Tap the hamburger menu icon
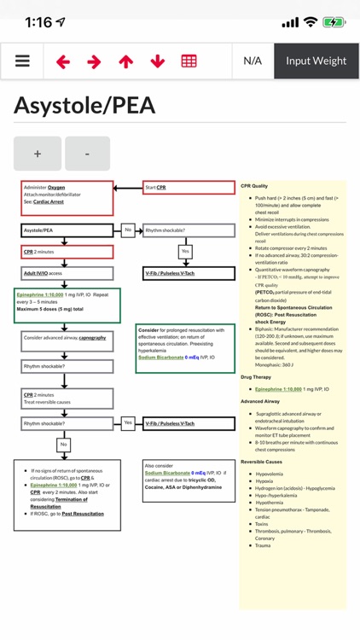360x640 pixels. pyautogui.click(x=22, y=61)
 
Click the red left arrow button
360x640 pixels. pyautogui.click(x=63, y=61)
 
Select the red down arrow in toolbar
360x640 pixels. pyautogui.click(x=157, y=61)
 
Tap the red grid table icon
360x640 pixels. pyautogui.click(x=189, y=61)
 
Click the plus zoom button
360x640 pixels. pyautogui.click(x=38, y=154)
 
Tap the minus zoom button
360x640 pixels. pyautogui.click(x=87, y=154)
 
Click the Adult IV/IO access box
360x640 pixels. pyautogui.click(x=67, y=273)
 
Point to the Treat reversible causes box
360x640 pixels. pyautogui.click(x=67, y=399)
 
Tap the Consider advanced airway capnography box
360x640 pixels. pyautogui.click(x=67, y=338)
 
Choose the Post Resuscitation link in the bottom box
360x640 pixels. pyautogui.click(x=83, y=514)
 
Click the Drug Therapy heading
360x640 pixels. pyautogui.click(x=256, y=376)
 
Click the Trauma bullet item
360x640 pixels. pyautogui.click(x=263, y=545)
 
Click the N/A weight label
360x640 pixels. pyautogui.click(x=253, y=61)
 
